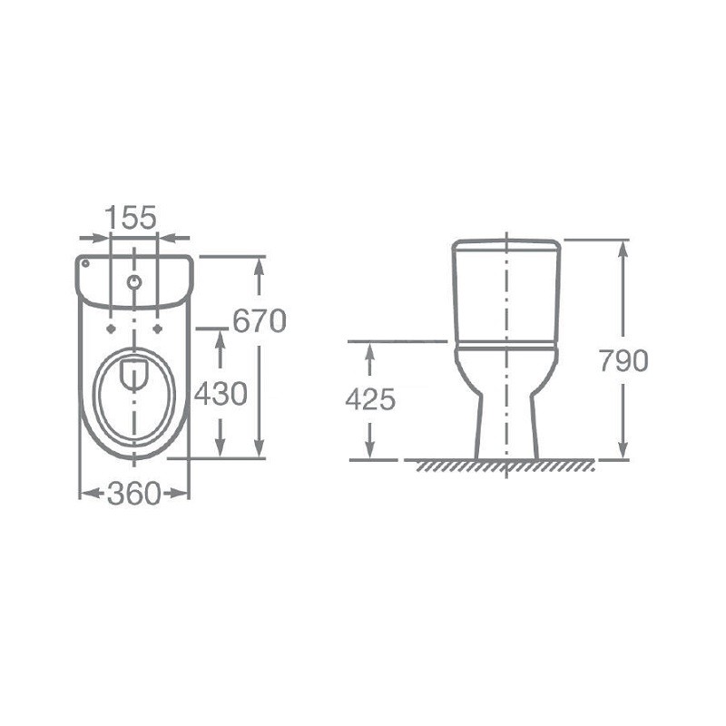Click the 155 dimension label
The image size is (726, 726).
pos(131,217)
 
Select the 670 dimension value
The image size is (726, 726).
pos(260,321)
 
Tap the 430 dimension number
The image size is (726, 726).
pos(221,395)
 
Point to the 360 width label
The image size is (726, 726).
pos(133,493)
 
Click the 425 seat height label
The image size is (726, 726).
pos(370,399)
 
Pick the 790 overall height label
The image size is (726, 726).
pos(623,360)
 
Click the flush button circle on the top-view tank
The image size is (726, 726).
pos(134,281)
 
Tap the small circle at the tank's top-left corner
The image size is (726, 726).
pos(85,263)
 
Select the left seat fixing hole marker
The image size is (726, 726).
pos(111,329)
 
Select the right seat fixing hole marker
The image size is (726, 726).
pos(158,329)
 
